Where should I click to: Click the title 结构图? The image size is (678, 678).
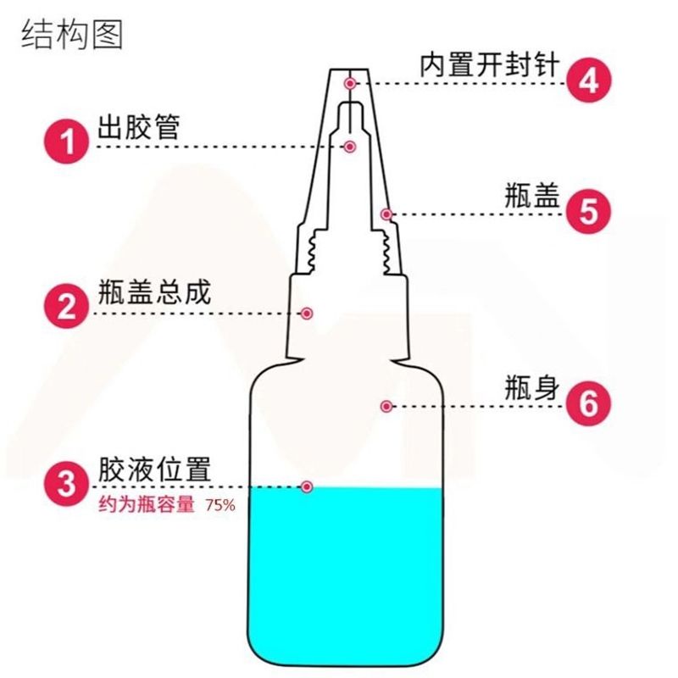(x=72, y=34)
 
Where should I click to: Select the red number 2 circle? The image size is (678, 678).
(x=67, y=306)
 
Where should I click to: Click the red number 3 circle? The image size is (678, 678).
(x=67, y=483)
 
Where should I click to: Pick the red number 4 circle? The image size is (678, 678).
(x=588, y=80)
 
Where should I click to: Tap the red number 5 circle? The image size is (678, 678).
(x=588, y=211)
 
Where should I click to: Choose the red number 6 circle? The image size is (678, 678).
(x=588, y=403)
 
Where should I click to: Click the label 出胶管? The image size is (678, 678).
(x=138, y=127)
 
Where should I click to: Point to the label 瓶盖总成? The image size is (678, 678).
(x=154, y=292)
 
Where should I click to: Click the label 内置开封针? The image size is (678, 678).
(x=490, y=65)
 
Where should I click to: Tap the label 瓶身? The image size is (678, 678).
(x=532, y=388)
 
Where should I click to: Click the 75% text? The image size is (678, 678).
(x=220, y=505)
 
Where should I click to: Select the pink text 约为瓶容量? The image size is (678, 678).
(x=147, y=504)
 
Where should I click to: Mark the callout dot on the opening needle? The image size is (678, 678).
(x=350, y=83)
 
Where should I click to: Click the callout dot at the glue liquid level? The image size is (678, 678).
(x=307, y=487)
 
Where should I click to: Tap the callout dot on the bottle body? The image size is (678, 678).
(x=386, y=407)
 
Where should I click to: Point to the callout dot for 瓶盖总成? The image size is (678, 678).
(x=307, y=314)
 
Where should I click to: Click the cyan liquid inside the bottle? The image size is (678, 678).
(x=346, y=575)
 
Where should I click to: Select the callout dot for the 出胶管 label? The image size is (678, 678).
(x=350, y=147)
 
